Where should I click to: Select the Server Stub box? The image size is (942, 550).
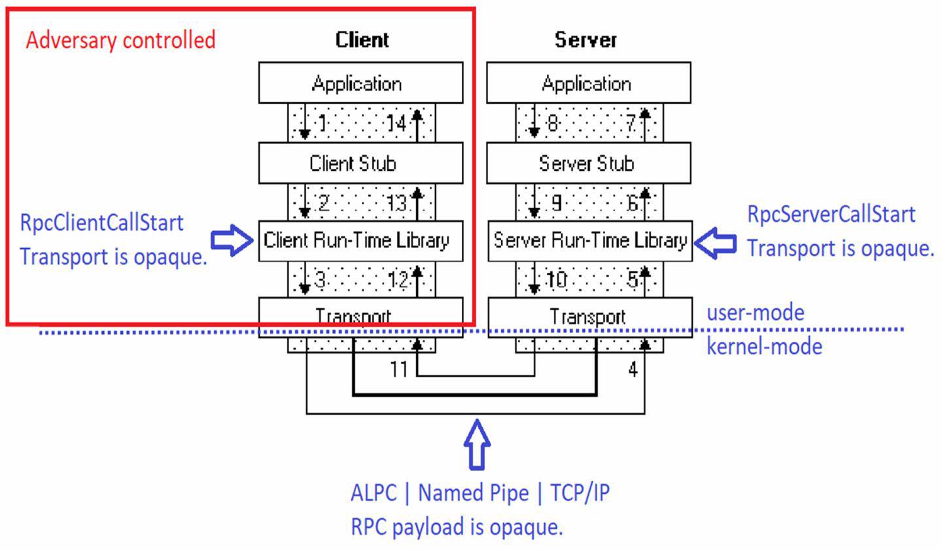click(588, 163)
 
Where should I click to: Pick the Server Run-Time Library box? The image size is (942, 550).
click(590, 241)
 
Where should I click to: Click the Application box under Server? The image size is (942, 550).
click(588, 83)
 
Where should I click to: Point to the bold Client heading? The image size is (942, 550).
click(362, 39)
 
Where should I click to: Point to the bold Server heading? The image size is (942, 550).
click(585, 39)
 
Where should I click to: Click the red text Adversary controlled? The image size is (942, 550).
click(120, 40)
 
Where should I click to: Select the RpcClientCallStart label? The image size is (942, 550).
click(101, 223)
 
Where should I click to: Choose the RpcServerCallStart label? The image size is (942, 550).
click(831, 214)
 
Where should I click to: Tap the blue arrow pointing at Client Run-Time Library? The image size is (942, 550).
click(232, 241)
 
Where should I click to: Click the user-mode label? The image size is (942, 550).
click(755, 312)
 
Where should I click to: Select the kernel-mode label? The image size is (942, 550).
click(764, 346)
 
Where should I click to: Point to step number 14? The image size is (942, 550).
click(396, 123)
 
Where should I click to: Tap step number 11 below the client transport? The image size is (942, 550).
click(398, 369)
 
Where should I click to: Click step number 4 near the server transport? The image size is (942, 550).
click(633, 369)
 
